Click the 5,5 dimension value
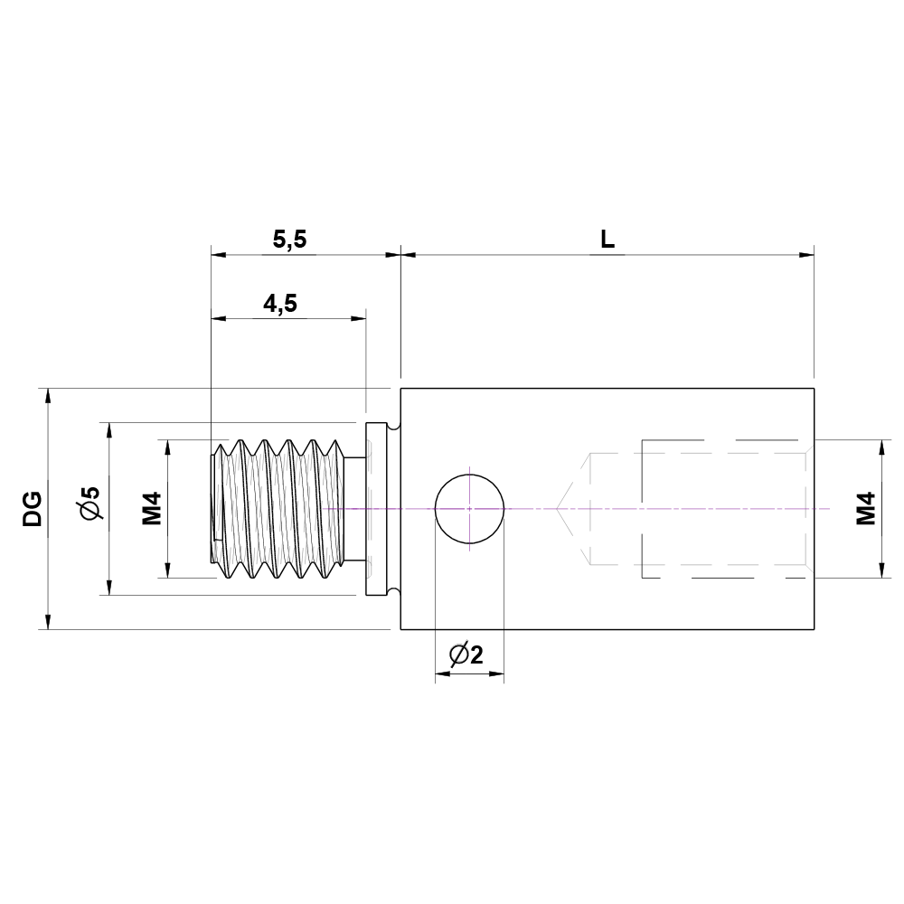[x=290, y=240]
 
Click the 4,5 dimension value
[x=280, y=304]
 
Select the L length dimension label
[x=607, y=240]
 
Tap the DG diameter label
[x=33, y=509]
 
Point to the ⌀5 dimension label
[x=90, y=504]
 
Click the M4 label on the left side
[x=151, y=508]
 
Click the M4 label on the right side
[x=866, y=508]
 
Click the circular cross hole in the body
[x=469, y=509]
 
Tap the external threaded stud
[x=280, y=509]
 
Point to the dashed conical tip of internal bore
[x=573, y=509]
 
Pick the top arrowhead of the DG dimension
[x=47, y=395]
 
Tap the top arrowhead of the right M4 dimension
[x=881, y=447]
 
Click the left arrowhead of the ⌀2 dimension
[x=442, y=673]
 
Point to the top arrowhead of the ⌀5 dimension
[x=108, y=429]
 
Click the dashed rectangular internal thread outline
[x=723, y=509]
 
